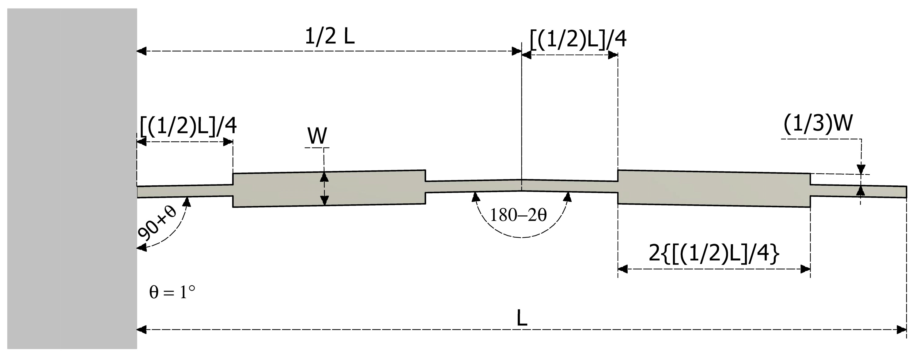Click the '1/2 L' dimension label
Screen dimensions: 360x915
(x=330, y=37)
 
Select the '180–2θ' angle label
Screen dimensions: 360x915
(x=518, y=215)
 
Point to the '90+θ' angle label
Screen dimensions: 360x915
(x=157, y=223)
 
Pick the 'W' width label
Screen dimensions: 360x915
(x=317, y=136)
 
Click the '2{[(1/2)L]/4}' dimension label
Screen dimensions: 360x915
(x=714, y=254)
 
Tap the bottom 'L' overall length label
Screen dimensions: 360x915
(x=521, y=318)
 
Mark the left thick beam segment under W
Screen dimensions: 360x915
(x=284, y=189)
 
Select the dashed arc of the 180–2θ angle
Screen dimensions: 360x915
(x=521, y=237)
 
